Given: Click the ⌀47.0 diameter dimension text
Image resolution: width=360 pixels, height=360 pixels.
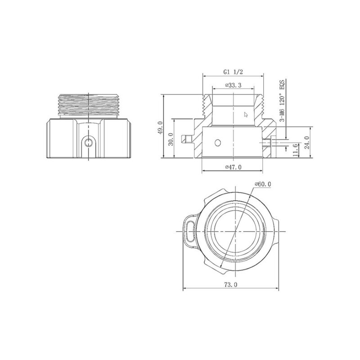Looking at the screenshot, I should point(233,167).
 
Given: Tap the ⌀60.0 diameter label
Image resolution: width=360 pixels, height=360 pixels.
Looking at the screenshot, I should point(263,184).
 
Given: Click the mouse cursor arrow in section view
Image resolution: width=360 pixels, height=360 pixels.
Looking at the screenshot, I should point(246,114).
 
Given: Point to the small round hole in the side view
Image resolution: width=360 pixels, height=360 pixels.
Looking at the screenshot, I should point(89,143).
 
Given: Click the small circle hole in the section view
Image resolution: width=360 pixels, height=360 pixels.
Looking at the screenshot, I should point(218,143).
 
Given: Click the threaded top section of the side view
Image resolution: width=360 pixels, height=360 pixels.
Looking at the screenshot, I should point(89,105).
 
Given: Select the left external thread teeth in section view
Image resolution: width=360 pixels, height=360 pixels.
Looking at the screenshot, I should point(206,107).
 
